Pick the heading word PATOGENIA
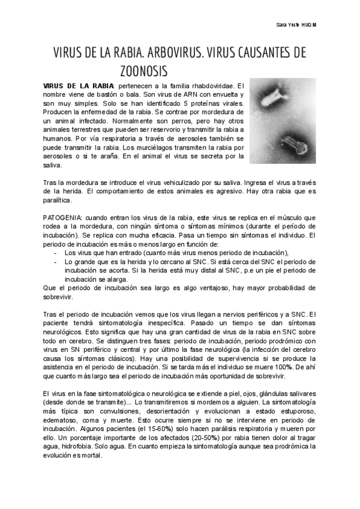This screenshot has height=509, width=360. (x=63, y=217)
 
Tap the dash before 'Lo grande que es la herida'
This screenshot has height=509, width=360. (x=55, y=262)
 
